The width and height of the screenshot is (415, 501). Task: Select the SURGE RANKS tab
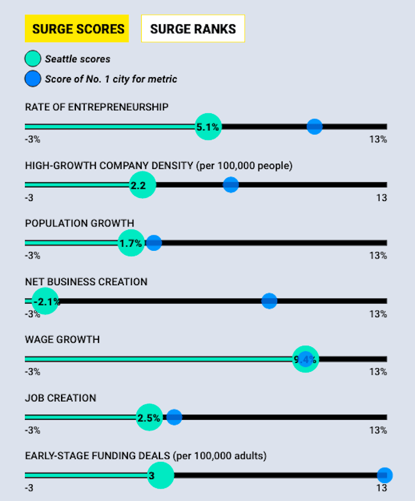193,28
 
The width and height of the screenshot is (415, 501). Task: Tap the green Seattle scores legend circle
33,59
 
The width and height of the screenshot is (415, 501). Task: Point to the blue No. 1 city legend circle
33,78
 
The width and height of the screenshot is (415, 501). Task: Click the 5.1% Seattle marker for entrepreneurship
208,127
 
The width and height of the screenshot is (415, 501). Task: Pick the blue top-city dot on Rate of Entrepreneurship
314,126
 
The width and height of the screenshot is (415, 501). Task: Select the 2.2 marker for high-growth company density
142,185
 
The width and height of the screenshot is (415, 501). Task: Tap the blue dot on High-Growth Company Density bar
231,184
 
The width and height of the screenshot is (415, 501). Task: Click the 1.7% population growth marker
131,243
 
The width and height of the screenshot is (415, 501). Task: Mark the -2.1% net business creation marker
45,302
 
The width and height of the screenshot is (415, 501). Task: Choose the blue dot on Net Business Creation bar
269,301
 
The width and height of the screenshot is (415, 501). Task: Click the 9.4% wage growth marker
305,359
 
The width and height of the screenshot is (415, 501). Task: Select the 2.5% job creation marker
149,417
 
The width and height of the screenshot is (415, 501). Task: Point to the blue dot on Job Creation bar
174,417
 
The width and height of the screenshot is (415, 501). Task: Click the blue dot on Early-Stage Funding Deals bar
385,475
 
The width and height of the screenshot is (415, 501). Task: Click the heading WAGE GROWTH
62,340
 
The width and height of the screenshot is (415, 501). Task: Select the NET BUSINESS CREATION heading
86,282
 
